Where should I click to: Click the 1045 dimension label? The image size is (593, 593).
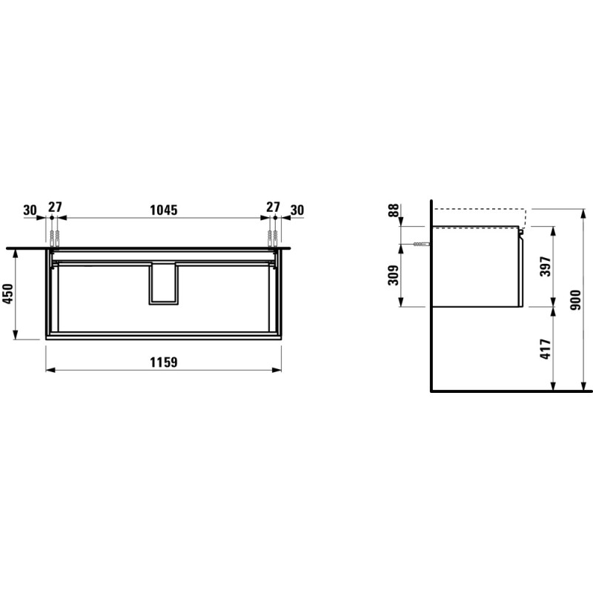[x=164, y=210]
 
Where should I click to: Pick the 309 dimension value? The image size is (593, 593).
[x=393, y=276]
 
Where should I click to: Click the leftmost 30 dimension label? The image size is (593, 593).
[x=30, y=210]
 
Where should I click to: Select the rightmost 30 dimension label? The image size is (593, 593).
[x=296, y=210]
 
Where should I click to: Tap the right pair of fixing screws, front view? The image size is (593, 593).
[x=272, y=238]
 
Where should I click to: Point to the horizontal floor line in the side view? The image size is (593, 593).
[x=511, y=390]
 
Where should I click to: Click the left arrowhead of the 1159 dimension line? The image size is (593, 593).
[x=49, y=369]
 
